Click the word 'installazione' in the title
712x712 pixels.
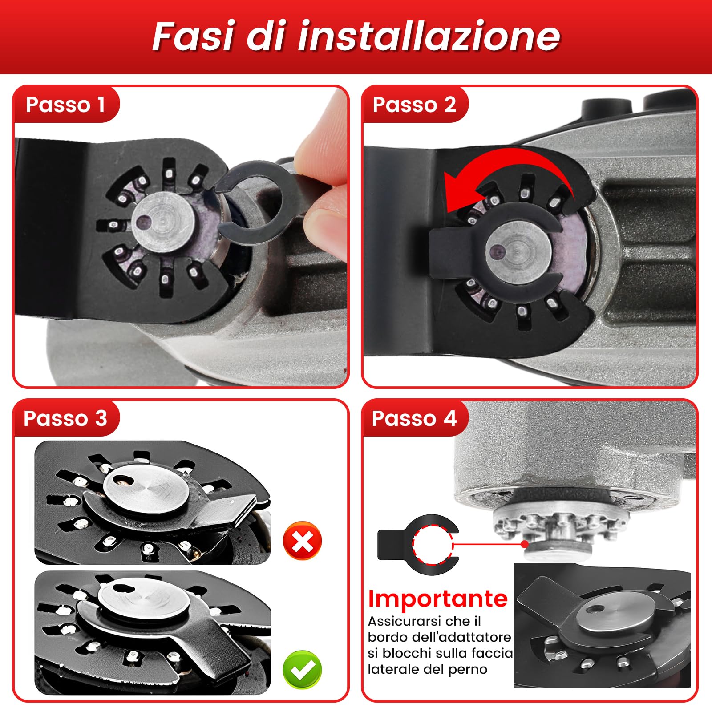coord(429,36)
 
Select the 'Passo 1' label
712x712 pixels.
coord(65,105)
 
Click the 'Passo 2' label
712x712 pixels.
coord(414,105)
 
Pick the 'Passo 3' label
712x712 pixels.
coord(65,418)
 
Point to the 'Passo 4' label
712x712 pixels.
coord(414,418)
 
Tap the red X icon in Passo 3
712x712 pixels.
coord(302,541)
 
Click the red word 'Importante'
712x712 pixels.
coord(437,599)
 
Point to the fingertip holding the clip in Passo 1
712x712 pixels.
coord(325,133)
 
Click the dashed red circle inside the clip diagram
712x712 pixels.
coord(432,545)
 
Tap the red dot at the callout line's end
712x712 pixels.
coord(525,544)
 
